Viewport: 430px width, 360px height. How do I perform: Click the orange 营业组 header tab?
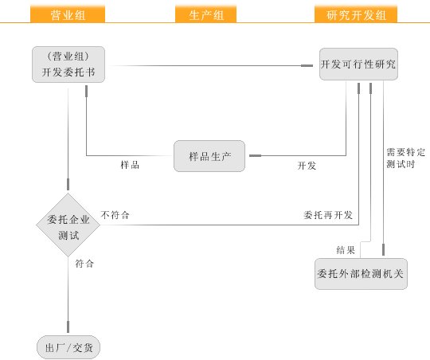click(x=68, y=14)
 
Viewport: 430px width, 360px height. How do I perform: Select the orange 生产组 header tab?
click(x=205, y=14)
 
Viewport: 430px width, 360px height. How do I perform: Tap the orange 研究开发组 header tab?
click(x=356, y=14)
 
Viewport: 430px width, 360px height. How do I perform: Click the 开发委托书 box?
click(x=68, y=65)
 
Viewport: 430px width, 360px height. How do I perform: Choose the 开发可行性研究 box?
click(x=358, y=65)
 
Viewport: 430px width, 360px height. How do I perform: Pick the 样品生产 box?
click(x=209, y=156)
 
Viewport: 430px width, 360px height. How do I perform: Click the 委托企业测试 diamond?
click(x=68, y=225)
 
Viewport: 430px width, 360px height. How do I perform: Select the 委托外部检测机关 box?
click(x=361, y=274)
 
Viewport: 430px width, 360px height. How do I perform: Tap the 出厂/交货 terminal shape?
click(x=68, y=347)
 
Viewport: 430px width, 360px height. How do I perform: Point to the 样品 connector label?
click(x=130, y=165)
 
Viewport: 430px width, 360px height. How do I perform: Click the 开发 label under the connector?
click(x=307, y=166)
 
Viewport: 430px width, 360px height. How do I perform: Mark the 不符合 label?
click(x=115, y=215)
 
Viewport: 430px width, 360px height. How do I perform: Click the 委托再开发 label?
click(x=328, y=215)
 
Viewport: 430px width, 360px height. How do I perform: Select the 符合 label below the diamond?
click(x=84, y=264)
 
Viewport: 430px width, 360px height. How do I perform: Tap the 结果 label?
click(x=346, y=250)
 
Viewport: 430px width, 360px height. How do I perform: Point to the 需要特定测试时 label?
click(x=405, y=158)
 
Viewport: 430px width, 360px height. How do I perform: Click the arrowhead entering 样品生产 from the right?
click(x=255, y=155)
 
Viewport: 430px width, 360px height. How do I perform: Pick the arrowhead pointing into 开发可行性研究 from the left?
click(x=307, y=65)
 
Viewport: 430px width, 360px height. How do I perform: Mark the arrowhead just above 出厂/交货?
click(x=68, y=327)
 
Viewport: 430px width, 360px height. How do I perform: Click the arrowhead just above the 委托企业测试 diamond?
click(x=68, y=184)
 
